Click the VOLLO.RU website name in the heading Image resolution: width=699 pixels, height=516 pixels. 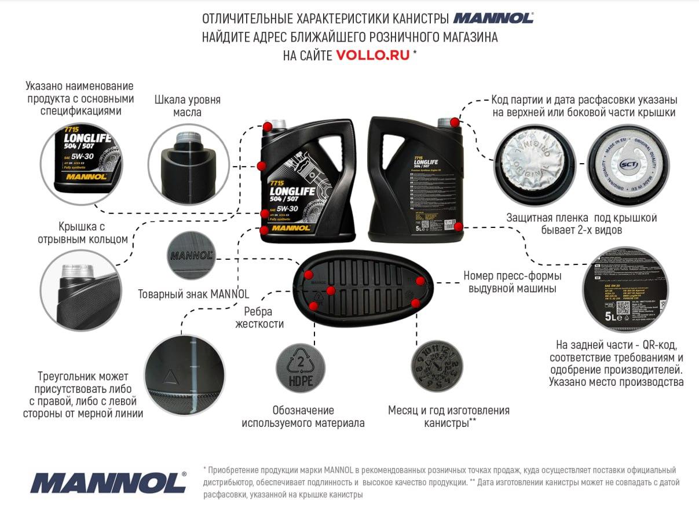tap(372, 56)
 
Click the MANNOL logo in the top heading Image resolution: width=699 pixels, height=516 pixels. tap(493, 18)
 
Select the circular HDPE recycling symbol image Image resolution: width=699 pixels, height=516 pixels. tap(300, 368)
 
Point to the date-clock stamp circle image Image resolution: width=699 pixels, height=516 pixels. tap(437, 368)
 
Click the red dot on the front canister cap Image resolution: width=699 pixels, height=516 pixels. tap(268, 126)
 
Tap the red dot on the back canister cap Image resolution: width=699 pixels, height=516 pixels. tap(455, 123)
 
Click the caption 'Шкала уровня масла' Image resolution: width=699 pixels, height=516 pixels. tap(188, 106)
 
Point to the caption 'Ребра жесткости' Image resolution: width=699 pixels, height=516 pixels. tap(259, 318)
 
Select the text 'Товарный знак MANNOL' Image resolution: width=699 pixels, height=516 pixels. tap(193, 294)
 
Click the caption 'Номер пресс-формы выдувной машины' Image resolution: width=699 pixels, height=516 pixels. tap(513, 282)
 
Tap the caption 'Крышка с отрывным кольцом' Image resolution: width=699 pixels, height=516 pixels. tap(83, 232)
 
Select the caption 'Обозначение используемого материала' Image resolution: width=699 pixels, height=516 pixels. tap(303, 417)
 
